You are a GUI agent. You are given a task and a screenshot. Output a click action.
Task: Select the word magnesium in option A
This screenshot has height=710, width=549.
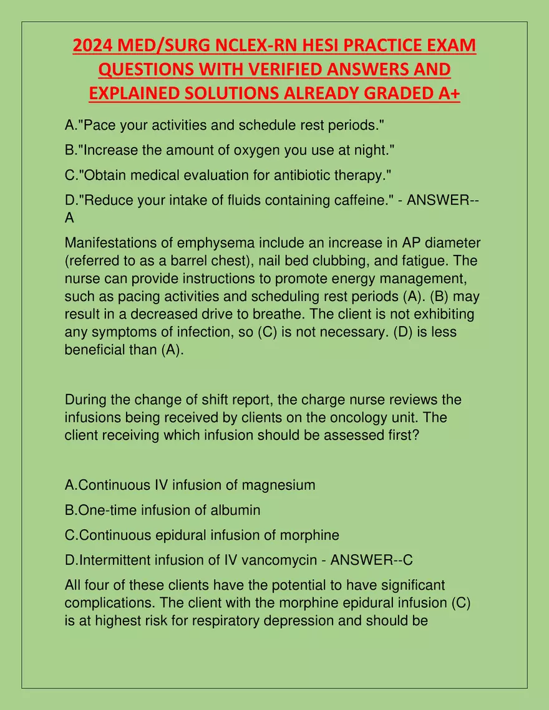[x=278, y=484]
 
